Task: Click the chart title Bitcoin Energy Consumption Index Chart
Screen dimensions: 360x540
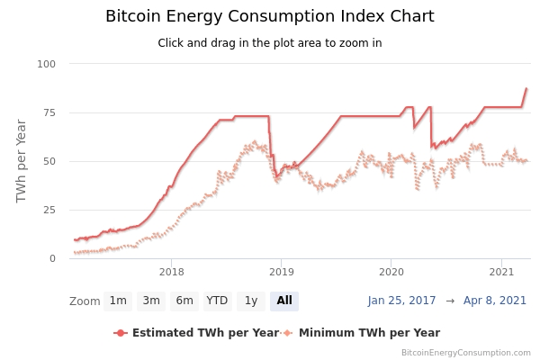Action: tap(269, 16)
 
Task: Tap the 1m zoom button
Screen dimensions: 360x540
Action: tap(118, 301)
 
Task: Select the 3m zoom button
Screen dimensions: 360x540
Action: tap(151, 301)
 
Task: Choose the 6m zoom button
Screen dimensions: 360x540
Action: tap(184, 301)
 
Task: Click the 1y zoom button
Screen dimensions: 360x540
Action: tap(251, 301)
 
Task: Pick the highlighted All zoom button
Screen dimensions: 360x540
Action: tap(284, 301)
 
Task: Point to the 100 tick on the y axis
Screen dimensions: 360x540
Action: tap(47, 64)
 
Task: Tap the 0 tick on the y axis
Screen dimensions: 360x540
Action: tap(52, 258)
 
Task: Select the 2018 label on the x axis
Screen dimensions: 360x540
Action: tap(171, 271)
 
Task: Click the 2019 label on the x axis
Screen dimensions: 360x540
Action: tap(281, 271)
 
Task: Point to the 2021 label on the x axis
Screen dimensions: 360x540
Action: tap(500, 271)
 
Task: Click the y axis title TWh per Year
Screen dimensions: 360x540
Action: tap(22, 160)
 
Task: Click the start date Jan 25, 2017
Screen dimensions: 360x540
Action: tap(402, 301)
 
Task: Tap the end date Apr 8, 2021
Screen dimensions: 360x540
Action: tap(495, 301)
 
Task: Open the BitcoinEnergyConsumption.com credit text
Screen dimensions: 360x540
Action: tap(465, 353)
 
